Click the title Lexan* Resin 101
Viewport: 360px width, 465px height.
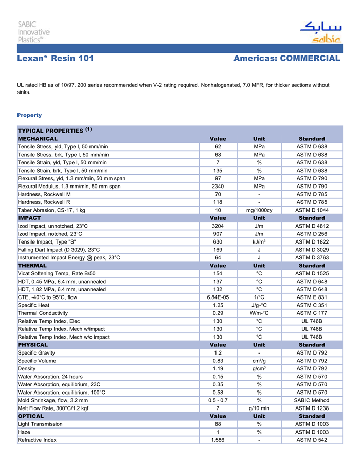pyautogui.click(x=56, y=59)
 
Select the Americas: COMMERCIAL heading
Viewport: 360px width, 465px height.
pyautogui.click(x=286, y=59)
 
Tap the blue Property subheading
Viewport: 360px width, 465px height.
pyautogui.click(x=29, y=115)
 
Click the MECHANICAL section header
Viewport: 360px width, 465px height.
pyautogui.click(x=38, y=139)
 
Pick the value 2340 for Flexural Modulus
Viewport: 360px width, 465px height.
pyautogui.click(x=218, y=186)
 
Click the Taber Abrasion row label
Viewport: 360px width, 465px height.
pyautogui.click(x=51, y=210)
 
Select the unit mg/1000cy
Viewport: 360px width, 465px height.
pyautogui.click(x=259, y=210)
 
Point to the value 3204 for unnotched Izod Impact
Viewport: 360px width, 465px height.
pyautogui.click(x=218, y=226)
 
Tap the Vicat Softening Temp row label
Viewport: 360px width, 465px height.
pyautogui.click(x=57, y=273)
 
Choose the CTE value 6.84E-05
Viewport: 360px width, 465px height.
pyautogui.click(x=218, y=297)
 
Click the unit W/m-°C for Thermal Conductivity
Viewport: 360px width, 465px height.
pyautogui.click(x=259, y=313)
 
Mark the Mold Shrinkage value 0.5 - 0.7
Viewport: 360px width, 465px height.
pyautogui.click(x=218, y=400)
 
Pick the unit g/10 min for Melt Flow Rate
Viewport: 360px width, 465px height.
pyautogui.click(x=259, y=408)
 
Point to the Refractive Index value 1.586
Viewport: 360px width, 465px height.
pyautogui.click(x=218, y=440)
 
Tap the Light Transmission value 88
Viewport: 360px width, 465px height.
pyautogui.click(x=218, y=424)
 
